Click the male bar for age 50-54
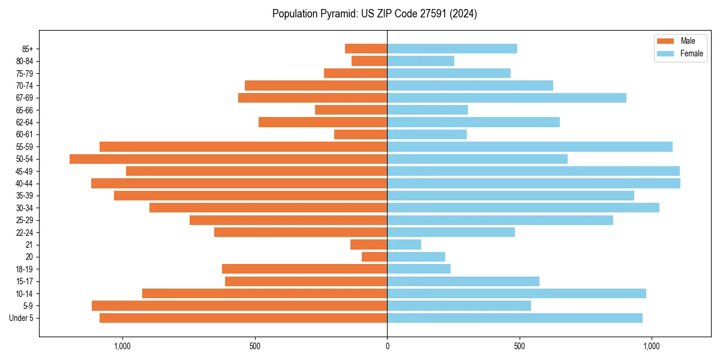pyautogui.click(x=228, y=159)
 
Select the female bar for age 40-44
pyautogui.click(x=533, y=183)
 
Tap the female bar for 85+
pyautogui.click(x=452, y=49)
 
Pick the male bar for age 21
pyautogui.click(x=368, y=244)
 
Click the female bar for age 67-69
pyautogui.click(x=506, y=98)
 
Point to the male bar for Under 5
pyautogui.click(x=243, y=318)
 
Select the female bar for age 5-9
pyautogui.click(x=459, y=305)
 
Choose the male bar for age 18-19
pyautogui.click(x=304, y=269)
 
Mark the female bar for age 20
pyautogui.click(x=416, y=257)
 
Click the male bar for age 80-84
pyautogui.click(x=369, y=61)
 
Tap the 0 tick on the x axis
pyautogui.click(x=387, y=346)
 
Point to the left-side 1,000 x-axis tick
pyautogui.click(x=122, y=346)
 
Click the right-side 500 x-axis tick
pyautogui.click(x=520, y=346)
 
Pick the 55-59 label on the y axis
pyautogui.click(x=24, y=146)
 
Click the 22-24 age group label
pyautogui.click(x=24, y=232)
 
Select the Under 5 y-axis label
pyautogui.click(x=22, y=318)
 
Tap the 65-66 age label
pyautogui.click(x=24, y=110)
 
